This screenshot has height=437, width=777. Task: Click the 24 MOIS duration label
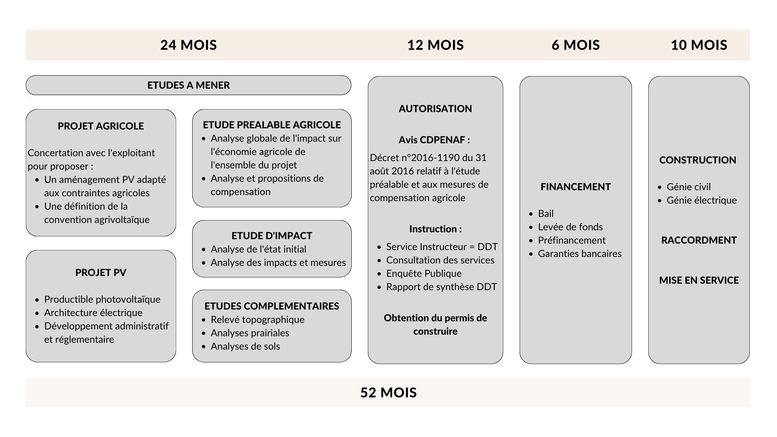(x=189, y=45)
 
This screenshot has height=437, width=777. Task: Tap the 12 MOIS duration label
(x=435, y=45)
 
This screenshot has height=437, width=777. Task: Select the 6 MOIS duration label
(x=575, y=45)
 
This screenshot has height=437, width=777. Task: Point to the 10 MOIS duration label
(x=699, y=45)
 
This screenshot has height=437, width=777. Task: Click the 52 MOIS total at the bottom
(x=388, y=392)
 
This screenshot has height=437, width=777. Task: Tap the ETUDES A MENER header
(x=189, y=85)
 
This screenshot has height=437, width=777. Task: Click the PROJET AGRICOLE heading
(x=101, y=126)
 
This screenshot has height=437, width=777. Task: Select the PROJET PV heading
(x=101, y=272)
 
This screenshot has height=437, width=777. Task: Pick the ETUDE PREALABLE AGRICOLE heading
(x=272, y=125)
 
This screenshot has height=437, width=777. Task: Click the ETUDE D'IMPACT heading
(x=272, y=235)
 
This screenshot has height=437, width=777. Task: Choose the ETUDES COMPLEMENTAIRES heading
(x=272, y=306)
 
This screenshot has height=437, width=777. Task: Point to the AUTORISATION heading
(x=435, y=108)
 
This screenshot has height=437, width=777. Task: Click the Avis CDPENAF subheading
(x=434, y=140)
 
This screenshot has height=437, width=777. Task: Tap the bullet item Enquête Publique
(x=424, y=274)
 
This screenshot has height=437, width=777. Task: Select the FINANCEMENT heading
(x=575, y=187)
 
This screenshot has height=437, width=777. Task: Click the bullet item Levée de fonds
(x=570, y=227)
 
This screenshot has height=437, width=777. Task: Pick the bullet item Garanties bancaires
(x=580, y=254)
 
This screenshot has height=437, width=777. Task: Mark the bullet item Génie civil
(x=688, y=187)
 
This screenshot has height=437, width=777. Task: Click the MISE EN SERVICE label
(x=699, y=280)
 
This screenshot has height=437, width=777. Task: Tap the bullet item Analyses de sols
(x=245, y=346)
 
